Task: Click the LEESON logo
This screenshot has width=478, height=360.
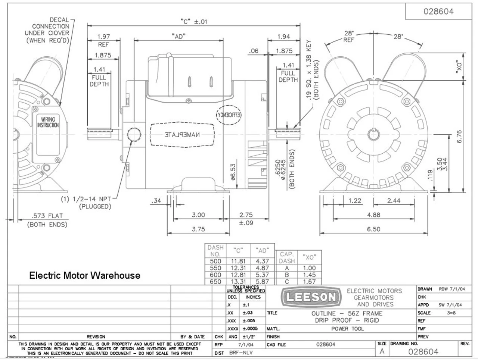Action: click(311, 297)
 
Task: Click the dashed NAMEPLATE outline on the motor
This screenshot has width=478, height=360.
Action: click(182, 134)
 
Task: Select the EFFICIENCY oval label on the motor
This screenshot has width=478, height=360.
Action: click(229, 115)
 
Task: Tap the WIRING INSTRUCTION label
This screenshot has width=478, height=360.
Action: click(48, 122)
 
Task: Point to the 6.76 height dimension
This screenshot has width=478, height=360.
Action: click(459, 136)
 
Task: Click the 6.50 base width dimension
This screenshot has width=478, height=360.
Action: click(373, 229)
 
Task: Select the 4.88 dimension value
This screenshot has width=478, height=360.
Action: click(373, 215)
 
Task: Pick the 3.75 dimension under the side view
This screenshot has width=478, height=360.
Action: click(198, 229)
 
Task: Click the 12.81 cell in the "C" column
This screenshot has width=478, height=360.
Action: click(238, 275)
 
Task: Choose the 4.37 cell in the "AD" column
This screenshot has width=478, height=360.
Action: click(263, 262)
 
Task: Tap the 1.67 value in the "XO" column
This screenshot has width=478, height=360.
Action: click(310, 282)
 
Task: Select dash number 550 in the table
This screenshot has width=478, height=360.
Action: click(215, 268)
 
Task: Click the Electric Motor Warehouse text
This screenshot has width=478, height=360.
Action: click(85, 275)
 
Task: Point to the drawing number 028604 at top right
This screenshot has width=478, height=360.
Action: click(438, 11)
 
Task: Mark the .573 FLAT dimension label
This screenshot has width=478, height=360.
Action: click(47, 216)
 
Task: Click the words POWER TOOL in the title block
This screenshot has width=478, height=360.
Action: click(347, 329)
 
